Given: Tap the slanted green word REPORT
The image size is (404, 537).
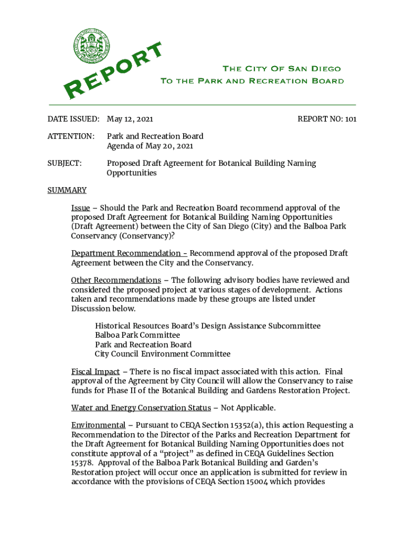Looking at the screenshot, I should pyautogui.click(x=114, y=71).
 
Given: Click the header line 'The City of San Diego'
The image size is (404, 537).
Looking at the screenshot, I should pyautogui.click(x=281, y=69).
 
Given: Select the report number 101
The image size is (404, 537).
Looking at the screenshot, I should pyautogui.click(x=350, y=119).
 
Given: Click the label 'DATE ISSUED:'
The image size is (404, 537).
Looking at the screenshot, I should pyautogui.click(x=73, y=119).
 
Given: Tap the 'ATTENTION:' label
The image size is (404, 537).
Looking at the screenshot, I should pyautogui.click(x=71, y=136).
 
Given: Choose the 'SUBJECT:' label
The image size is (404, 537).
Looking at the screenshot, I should pyautogui.click(x=65, y=163).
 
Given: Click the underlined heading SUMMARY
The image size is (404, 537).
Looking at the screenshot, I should pyautogui.click(x=67, y=190).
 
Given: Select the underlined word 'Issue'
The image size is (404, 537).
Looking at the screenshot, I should pyautogui.click(x=80, y=208).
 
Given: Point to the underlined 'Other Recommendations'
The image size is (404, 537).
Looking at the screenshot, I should pyautogui.click(x=116, y=280).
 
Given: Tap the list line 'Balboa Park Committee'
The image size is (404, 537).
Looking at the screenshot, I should pyautogui.click(x=137, y=335).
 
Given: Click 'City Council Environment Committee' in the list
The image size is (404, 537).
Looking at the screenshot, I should pyautogui.click(x=163, y=354).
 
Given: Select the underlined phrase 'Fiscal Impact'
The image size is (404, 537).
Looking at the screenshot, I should pyautogui.click(x=95, y=372).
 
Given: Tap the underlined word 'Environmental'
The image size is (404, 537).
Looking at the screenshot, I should pyautogui.click(x=98, y=425).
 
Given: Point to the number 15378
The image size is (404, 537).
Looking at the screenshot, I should pyautogui.click(x=82, y=463).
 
